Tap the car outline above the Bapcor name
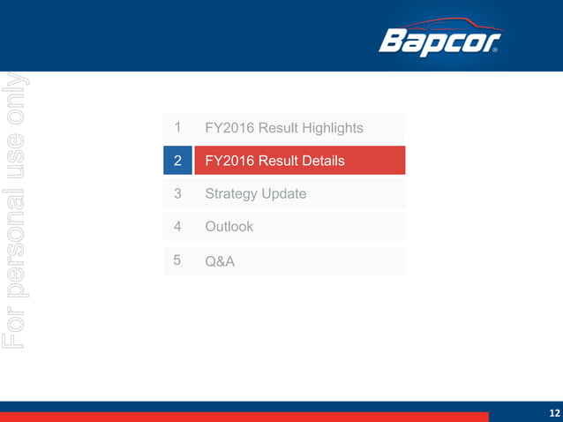(441, 23)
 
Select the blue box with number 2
(178, 161)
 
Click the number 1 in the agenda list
(178, 128)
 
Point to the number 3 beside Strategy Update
(178, 193)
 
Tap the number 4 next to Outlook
(178, 226)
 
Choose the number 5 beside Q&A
(178, 260)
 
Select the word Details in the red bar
(320, 162)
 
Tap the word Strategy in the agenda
(230, 194)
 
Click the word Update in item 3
(283, 193)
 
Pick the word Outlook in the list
(229, 227)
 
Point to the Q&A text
(220, 261)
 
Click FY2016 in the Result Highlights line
(229, 129)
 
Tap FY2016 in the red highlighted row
(229, 162)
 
